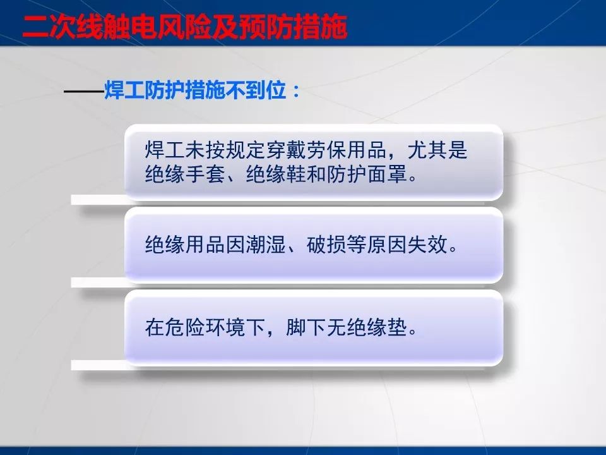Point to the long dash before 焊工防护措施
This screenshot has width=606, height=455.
[83, 92]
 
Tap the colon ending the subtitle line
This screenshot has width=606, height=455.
[294, 93]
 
